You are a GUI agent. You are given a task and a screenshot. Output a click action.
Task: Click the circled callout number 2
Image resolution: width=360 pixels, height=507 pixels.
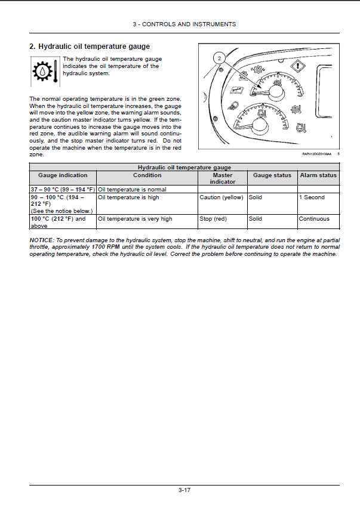click(x=219, y=58)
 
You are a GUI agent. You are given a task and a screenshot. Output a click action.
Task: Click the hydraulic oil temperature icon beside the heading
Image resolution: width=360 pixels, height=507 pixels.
click(x=44, y=71)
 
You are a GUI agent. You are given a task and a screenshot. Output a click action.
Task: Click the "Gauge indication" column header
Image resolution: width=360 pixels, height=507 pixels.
click(x=63, y=175)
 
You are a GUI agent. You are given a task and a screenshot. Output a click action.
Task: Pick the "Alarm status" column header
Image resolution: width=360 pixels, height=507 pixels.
click(x=318, y=175)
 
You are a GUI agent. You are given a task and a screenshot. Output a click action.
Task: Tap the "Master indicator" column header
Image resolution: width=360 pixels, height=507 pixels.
click(x=222, y=178)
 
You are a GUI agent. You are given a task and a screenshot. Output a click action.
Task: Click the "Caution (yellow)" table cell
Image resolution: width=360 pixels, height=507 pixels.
click(x=221, y=197)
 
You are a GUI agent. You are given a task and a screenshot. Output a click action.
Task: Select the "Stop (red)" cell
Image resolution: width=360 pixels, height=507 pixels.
click(x=213, y=219)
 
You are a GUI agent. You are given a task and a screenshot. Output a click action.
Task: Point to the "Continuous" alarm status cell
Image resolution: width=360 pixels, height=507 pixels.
click(x=314, y=219)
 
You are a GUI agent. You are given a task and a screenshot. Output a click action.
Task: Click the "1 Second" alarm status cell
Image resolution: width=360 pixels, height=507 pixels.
click(x=312, y=197)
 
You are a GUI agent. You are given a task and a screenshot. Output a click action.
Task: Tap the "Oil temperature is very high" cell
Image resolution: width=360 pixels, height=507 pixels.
click(x=135, y=219)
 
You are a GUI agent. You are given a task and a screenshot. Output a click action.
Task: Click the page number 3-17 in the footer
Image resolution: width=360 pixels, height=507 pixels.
click(x=184, y=491)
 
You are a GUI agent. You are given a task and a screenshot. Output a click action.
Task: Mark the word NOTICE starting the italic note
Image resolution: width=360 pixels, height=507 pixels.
click(x=41, y=240)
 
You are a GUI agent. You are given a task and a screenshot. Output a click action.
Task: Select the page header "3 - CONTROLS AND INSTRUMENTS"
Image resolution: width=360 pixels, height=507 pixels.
click(x=184, y=24)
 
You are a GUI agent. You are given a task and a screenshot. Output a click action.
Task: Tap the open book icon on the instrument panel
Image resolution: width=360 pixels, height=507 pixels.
click(x=237, y=90)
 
